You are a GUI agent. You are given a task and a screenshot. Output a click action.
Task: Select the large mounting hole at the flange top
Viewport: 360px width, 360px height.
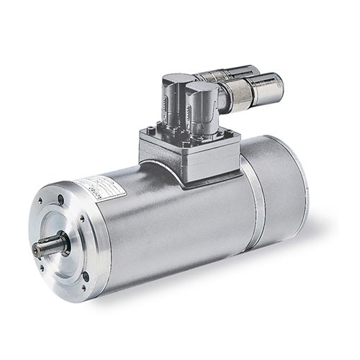[61, 201]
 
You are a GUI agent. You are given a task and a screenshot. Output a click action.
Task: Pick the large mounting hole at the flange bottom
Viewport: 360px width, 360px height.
[86, 276]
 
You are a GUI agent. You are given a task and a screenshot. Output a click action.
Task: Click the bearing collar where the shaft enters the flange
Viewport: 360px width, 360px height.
[60, 241]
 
